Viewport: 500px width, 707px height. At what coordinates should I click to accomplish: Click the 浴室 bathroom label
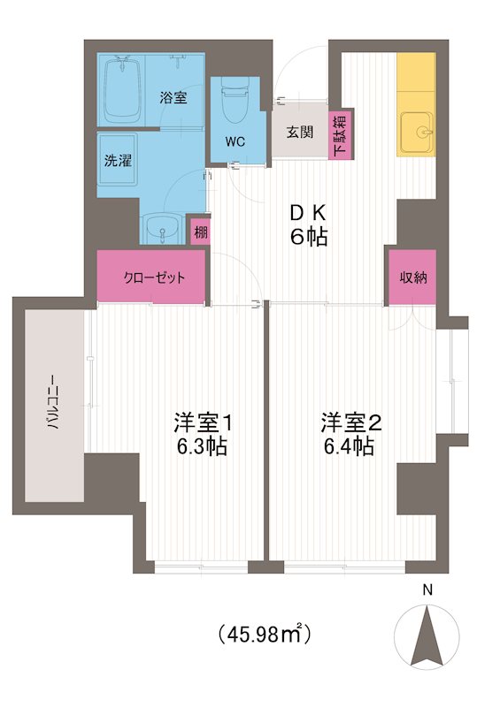pyautogui.click(x=173, y=98)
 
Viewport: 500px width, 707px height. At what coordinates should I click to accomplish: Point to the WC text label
pyautogui.click(x=235, y=141)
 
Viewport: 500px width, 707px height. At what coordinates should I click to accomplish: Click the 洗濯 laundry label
pyautogui.click(x=117, y=162)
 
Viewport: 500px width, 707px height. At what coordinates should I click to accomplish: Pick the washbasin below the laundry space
pyautogui.click(x=162, y=228)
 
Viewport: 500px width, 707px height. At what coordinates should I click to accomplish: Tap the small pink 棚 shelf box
pyautogui.click(x=202, y=232)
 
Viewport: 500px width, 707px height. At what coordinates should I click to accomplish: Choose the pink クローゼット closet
pyautogui.click(x=152, y=277)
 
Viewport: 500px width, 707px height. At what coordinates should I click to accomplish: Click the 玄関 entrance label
pyautogui.click(x=299, y=133)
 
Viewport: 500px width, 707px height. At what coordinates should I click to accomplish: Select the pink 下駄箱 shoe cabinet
pyautogui.click(x=341, y=134)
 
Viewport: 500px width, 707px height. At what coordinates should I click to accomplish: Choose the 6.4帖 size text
pyautogui.click(x=348, y=446)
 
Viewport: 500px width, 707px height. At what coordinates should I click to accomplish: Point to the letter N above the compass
pyautogui.click(x=427, y=590)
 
